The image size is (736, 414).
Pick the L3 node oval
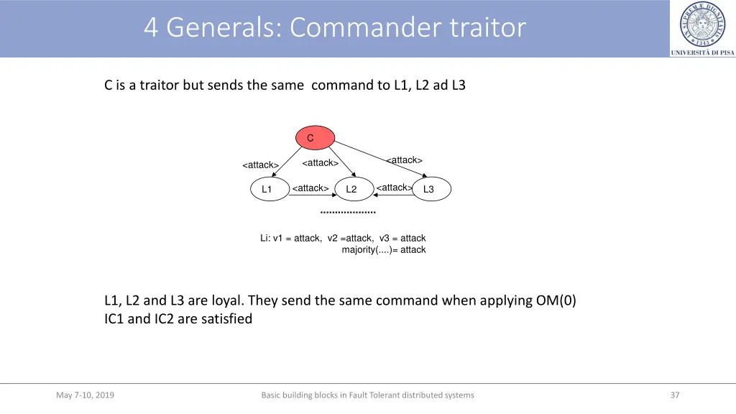[431, 189]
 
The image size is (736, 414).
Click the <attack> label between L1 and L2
[310, 188]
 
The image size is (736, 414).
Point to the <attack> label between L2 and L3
[394, 188]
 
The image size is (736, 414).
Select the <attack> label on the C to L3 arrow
[404, 160]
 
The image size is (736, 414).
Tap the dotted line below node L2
[348, 213]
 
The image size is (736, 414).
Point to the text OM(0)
[556, 300]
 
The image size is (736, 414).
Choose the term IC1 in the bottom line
[114, 318]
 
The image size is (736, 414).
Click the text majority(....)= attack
[383, 250]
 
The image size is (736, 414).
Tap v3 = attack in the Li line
[402, 238]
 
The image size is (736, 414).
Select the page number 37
[674, 395]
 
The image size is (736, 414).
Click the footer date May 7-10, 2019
[85, 395]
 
